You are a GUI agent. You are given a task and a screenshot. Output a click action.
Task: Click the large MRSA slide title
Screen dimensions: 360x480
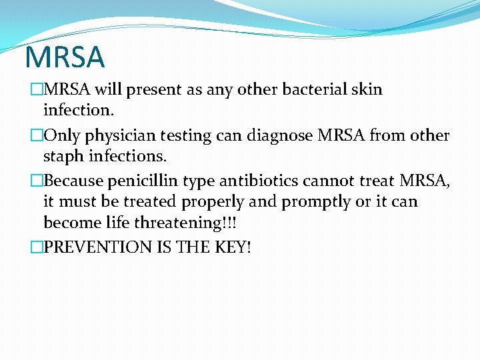(65, 57)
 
